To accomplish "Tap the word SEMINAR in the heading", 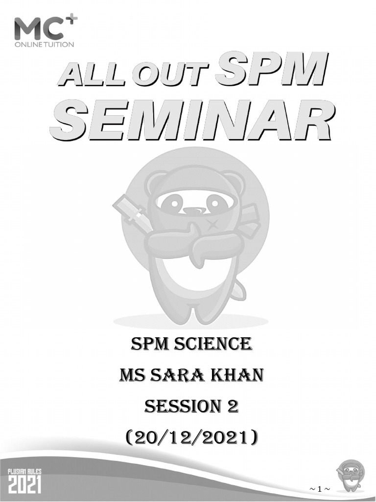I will [192, 120].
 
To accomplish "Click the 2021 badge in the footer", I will [25, 481].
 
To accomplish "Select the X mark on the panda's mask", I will [213, 225].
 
